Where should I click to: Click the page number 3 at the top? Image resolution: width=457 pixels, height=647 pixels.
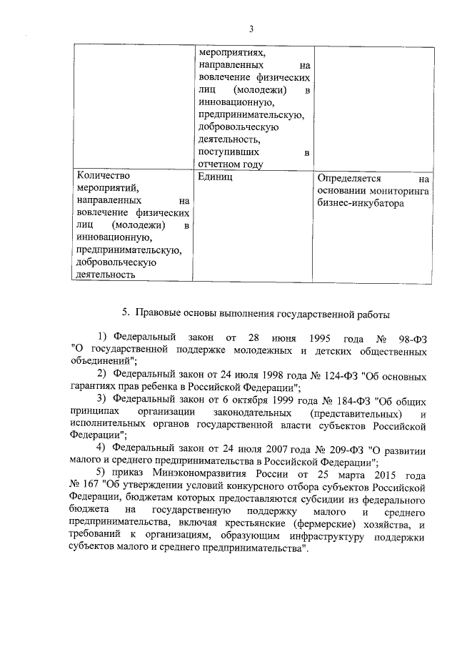(251, 29)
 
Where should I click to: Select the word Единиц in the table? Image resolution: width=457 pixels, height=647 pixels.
(213, 176)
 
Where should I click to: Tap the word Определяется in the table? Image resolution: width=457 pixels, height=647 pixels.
(350, 178)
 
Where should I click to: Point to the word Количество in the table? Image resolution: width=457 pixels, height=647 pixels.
(100, 174)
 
